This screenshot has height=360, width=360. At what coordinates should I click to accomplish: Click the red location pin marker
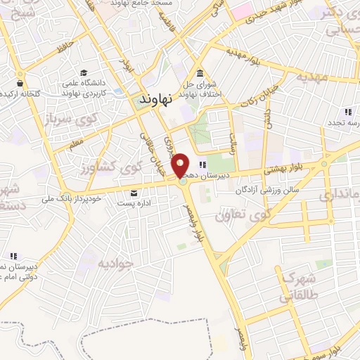(181, 165)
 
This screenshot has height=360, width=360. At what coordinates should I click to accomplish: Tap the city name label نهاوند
(155, 100)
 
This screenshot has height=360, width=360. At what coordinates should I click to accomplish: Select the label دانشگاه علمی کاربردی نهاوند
(100, 87)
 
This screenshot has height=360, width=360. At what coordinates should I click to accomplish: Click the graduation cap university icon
(83, 73)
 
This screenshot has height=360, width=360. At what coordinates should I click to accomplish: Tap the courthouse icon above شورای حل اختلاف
(200, 74)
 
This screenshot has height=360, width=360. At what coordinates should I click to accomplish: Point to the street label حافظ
(66, 49)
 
